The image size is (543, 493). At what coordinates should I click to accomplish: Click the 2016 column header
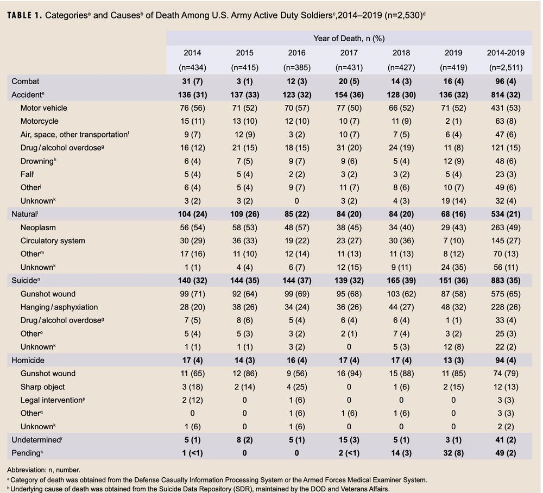coord(296,53)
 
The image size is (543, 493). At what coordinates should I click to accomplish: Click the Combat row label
coord(26,81)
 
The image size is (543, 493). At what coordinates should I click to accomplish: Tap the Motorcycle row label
coord(40,121)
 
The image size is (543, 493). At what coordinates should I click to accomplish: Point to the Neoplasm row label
coord(38,227)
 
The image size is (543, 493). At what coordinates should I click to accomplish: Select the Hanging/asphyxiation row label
coord(59,307)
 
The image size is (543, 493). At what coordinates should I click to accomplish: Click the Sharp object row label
coord(42,387)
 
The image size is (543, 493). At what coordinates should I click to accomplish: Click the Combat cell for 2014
coord(192,81)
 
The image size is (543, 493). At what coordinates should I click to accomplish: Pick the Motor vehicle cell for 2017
coord(349,108)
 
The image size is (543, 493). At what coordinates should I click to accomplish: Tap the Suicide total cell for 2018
coord(401,280)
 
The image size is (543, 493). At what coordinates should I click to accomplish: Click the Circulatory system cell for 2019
coord(453,241)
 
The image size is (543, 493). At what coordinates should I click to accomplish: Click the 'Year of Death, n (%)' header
coord(349,38)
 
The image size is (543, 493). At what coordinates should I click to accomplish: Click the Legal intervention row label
coord(52,400)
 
